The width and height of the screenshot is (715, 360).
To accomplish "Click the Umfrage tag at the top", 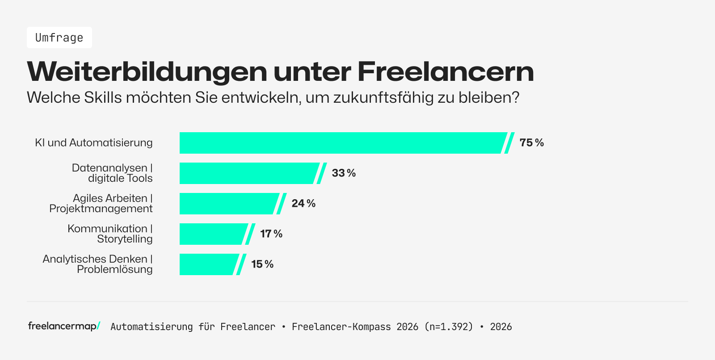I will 59,38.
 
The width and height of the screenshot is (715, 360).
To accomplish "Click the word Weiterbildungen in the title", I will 147,71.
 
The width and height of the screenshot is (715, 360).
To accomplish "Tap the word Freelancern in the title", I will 446,71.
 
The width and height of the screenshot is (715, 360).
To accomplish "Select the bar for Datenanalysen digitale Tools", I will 248,173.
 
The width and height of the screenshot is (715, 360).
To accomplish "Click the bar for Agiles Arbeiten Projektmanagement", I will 228,204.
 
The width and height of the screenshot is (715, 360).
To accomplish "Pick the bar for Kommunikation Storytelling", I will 212,234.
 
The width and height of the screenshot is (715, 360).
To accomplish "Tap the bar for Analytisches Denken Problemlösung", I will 208,264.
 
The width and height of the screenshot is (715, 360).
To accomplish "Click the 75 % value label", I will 531,143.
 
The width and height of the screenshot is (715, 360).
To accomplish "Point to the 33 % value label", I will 344,173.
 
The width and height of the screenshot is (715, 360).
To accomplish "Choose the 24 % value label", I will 303,204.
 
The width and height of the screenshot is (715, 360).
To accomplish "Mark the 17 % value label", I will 271,234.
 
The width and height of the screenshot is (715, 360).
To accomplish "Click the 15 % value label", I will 262,264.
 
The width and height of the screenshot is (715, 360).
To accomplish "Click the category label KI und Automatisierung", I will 94,143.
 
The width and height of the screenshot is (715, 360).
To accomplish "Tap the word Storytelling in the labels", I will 125,239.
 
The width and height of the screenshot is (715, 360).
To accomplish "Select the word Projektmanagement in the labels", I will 101,209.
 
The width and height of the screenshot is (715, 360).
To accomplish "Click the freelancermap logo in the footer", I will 64,326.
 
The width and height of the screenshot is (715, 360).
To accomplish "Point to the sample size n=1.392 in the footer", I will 449,327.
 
